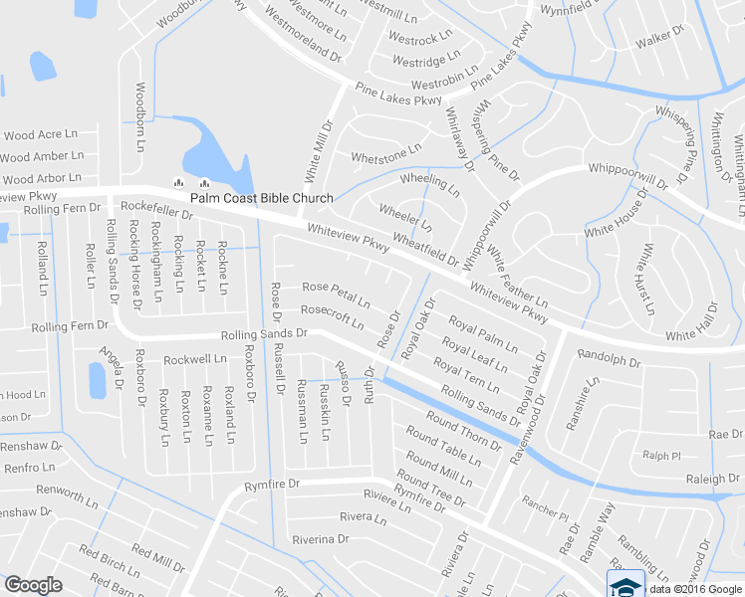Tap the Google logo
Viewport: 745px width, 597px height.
click(x=33, y=585)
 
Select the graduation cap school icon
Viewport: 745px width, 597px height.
click(x=625, y=584)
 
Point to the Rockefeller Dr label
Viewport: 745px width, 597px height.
click(x=156, y=207)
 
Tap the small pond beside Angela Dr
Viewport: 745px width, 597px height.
click(x=97, y=379)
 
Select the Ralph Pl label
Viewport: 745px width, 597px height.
click(x=660, y=455)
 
